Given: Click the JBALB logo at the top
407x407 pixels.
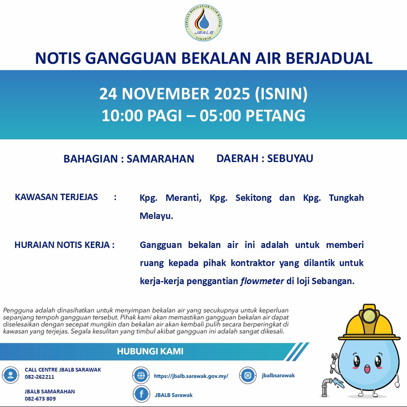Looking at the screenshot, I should (x=203, y=23).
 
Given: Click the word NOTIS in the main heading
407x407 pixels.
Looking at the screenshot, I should (x=57, y=58).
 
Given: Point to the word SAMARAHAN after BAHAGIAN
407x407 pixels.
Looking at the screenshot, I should (x=160, y=159).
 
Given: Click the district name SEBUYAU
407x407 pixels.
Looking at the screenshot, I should (x=290, y=158).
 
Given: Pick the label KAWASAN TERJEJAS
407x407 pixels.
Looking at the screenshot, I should (x=57, y=197).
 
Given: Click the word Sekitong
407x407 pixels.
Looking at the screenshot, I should (x=253, y=198).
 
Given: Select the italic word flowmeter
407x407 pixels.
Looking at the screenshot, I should (x=262, y=281).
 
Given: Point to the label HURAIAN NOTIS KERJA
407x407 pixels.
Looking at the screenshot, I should (x=64, y=245).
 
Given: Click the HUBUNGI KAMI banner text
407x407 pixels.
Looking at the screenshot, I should (x=150, y=351).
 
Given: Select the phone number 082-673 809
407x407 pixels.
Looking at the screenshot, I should (x=40, y=399).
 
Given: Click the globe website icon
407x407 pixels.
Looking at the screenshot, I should (x=141, y=375).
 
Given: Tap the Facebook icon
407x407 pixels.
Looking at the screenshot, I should (x=142, y=394).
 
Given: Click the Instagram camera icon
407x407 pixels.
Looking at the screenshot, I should (x=248, y=375).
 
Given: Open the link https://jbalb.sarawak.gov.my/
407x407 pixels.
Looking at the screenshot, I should (x=191, y=376).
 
